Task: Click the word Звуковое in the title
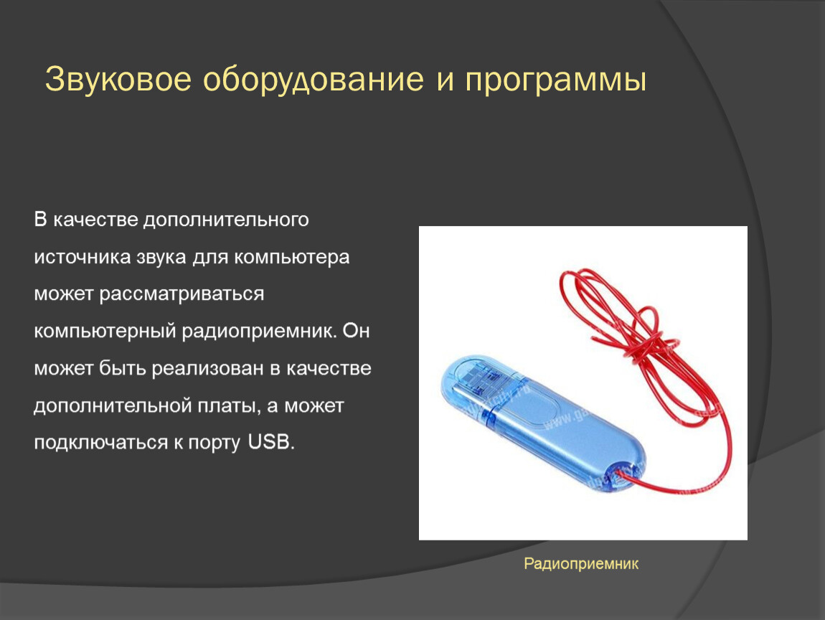[x=118, y=80]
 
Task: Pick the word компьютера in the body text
[x=291, y=258]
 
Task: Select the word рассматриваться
[x=182, y=293]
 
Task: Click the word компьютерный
[x=105, y=332]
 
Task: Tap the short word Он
[x=357, y=331]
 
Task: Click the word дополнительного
[x=226, y=220]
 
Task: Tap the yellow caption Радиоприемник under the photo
[x=581, y=564]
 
